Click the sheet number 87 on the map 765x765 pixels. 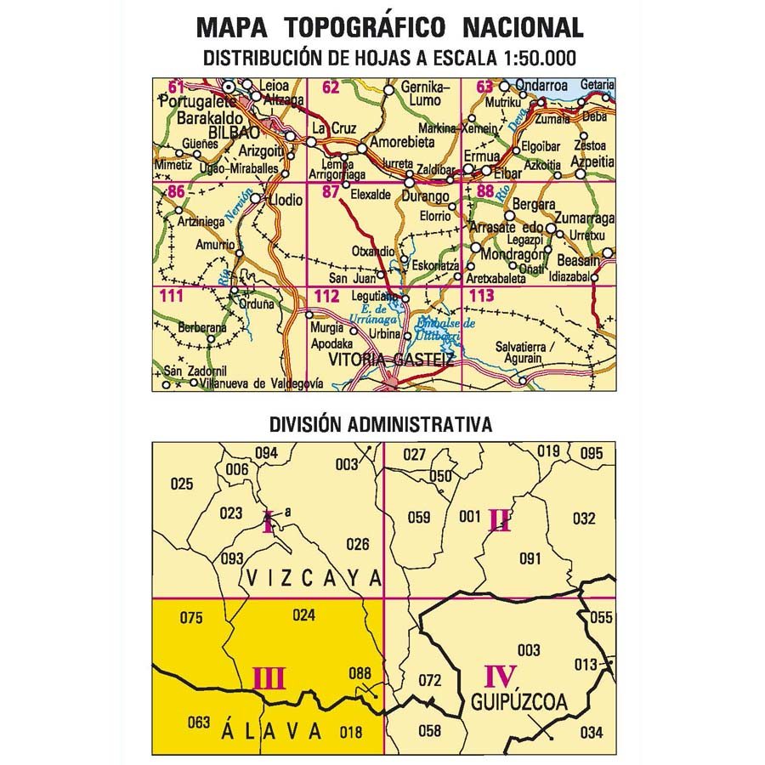pos(331,192)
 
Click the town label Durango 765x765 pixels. pos(428,197)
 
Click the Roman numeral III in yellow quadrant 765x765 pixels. pos(269,678)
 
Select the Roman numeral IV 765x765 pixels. pos(501,677)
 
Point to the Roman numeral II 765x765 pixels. pos(499,520)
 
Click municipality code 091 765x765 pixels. pos(530,558)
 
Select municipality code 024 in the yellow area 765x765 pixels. pos(303,615)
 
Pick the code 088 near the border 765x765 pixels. pos(360,674)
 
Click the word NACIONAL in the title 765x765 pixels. pos(523,27)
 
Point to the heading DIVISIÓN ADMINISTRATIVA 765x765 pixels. pos(381,424)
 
